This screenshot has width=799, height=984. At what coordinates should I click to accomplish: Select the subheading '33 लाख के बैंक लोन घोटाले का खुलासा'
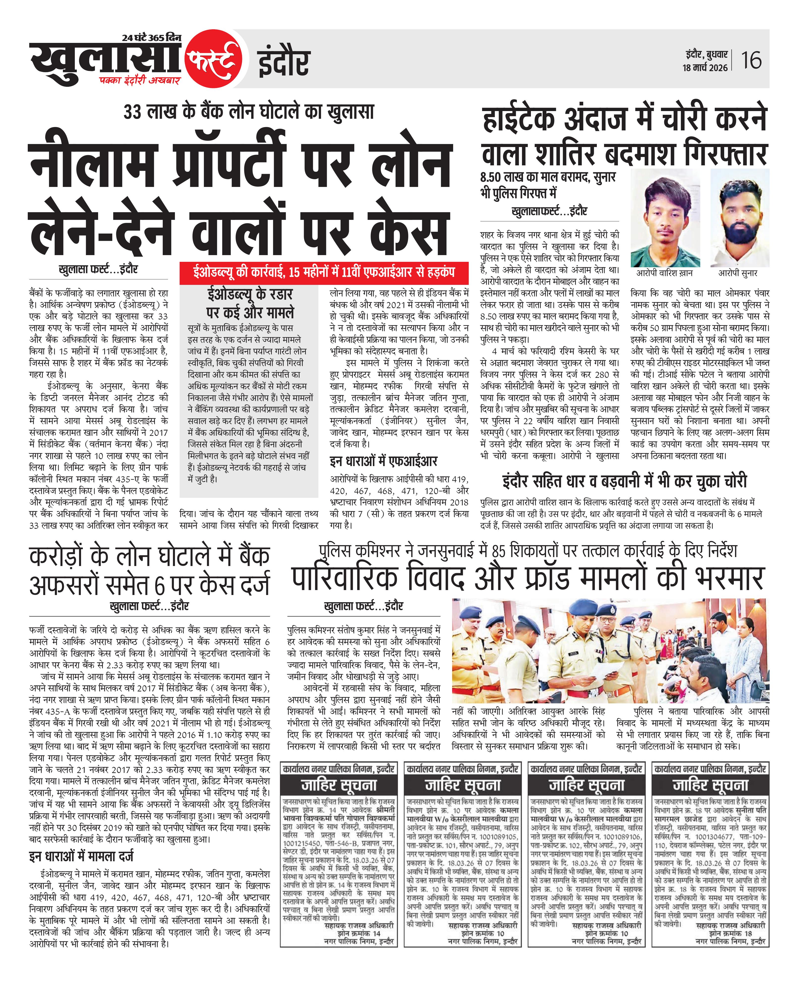249,112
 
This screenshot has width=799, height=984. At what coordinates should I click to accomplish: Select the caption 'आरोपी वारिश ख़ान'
665,273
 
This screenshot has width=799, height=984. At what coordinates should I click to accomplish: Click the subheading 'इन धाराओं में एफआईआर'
383,461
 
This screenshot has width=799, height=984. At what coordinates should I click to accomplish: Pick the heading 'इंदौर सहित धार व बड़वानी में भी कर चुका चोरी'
625,481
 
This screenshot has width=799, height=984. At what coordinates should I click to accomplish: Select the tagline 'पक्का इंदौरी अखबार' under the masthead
140,80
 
